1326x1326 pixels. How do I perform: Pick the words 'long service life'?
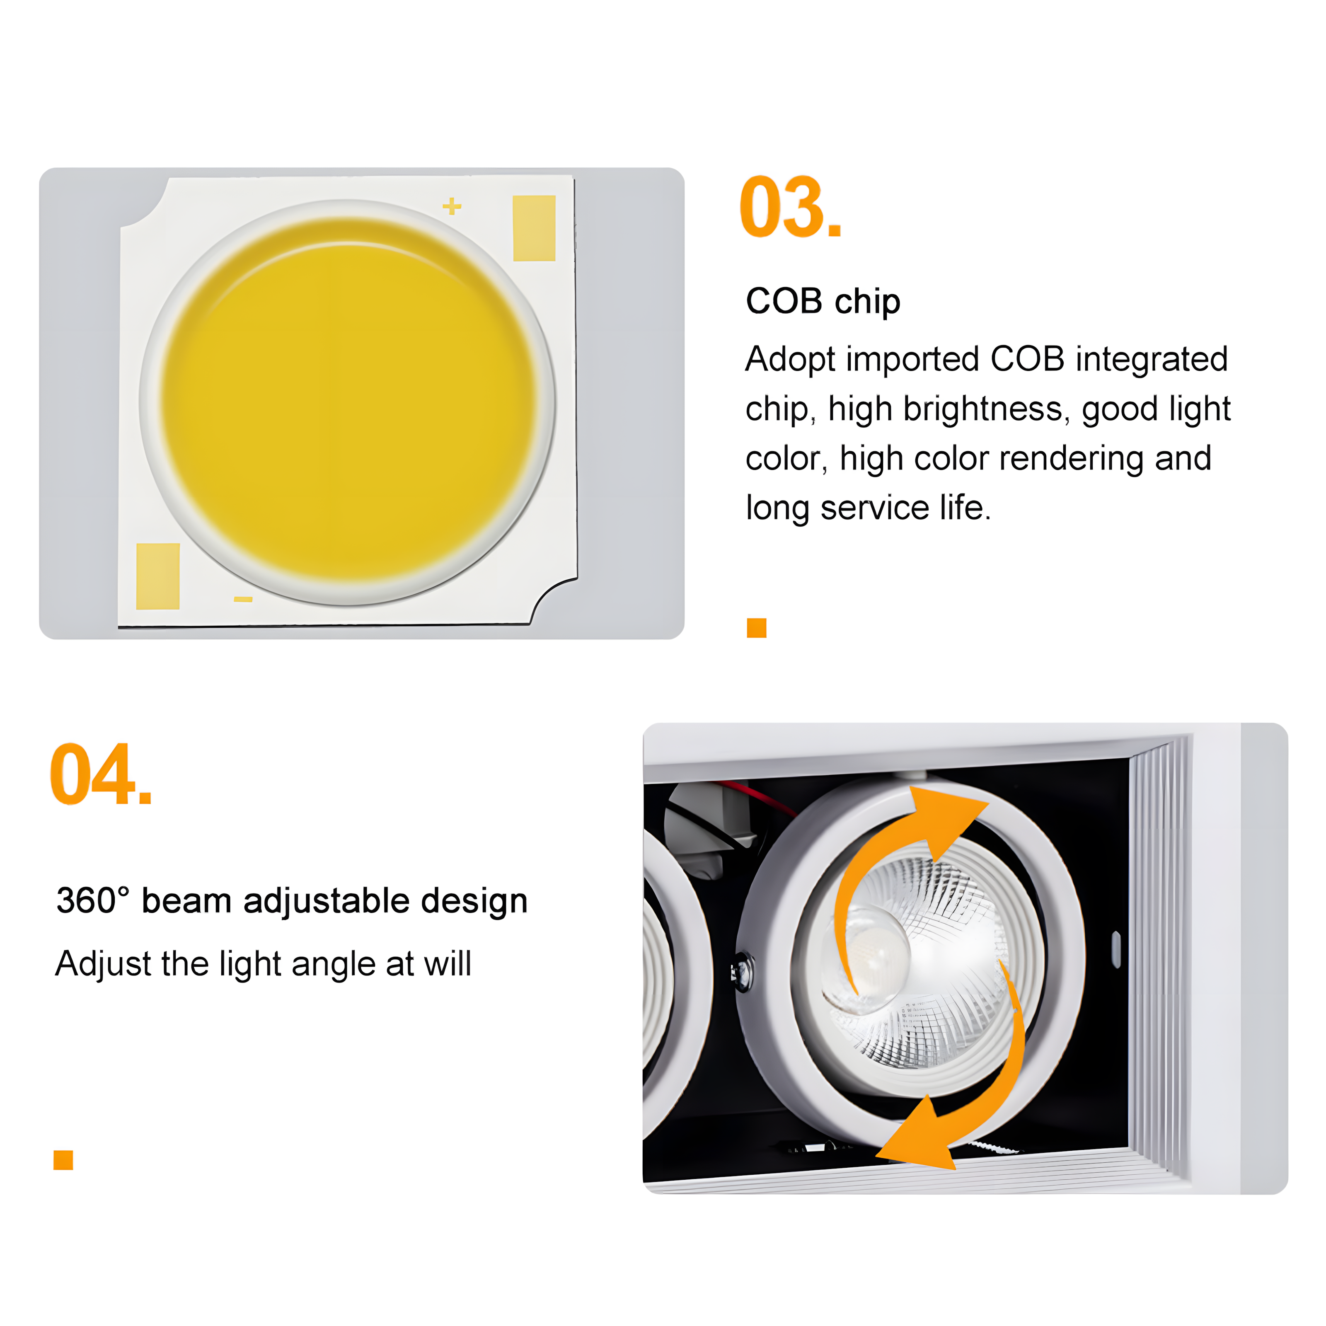click(868, 508)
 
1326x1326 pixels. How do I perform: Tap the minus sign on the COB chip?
click(243, 599)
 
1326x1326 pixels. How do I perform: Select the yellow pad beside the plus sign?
click(534, 228)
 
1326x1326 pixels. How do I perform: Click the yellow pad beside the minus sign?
click(158, 576)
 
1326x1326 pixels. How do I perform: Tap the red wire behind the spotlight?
click(755, 796)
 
